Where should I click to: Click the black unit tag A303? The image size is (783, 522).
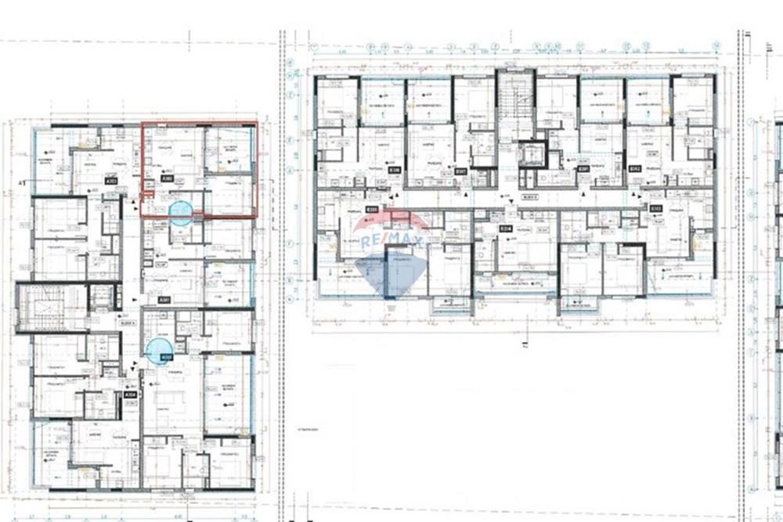[x=111, y=181]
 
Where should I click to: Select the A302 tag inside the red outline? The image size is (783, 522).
[x=167, y=179]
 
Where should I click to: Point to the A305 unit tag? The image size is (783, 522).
[x=166, y=358]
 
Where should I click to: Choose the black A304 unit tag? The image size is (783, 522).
[x=131, y=395]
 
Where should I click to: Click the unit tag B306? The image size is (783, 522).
[x=395, y=170]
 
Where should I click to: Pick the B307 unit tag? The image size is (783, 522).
[x=461, y=171]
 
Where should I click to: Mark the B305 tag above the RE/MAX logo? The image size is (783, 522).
[x=373, y=209]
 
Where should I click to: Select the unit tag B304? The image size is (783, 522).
[x=506, y=228]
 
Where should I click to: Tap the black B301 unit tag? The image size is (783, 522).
[x=583, y=169]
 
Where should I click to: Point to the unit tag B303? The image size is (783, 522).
[x=656, y=208]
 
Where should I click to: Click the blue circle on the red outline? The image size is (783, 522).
[x=181, y=213]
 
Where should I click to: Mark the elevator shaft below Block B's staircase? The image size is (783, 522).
[x=532, y=153]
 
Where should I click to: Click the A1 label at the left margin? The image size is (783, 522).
[x=23, y=183]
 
